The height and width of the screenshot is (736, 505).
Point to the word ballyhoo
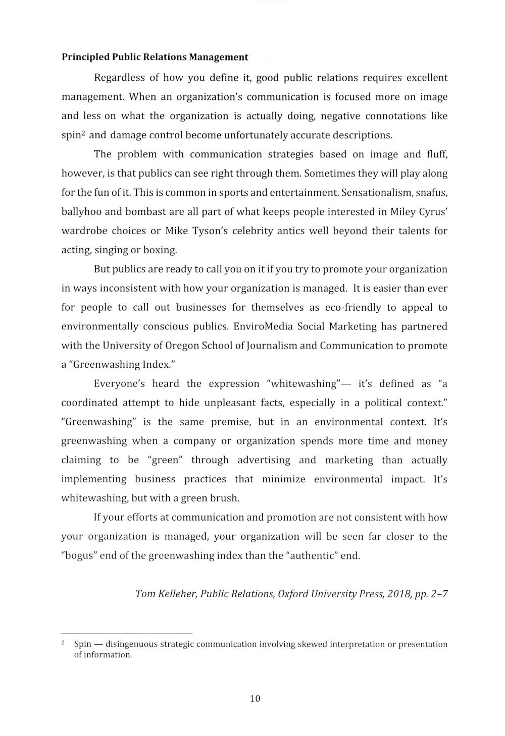[x=81, y=212]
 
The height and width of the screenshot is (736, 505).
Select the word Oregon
[x=182, y=346]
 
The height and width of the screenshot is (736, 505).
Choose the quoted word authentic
[x=313, y=555]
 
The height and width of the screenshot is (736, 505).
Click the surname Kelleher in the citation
[x=177, y=594]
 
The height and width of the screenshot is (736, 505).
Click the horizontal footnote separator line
[x=127, y=633]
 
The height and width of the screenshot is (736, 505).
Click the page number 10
[x=255, y=699]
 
